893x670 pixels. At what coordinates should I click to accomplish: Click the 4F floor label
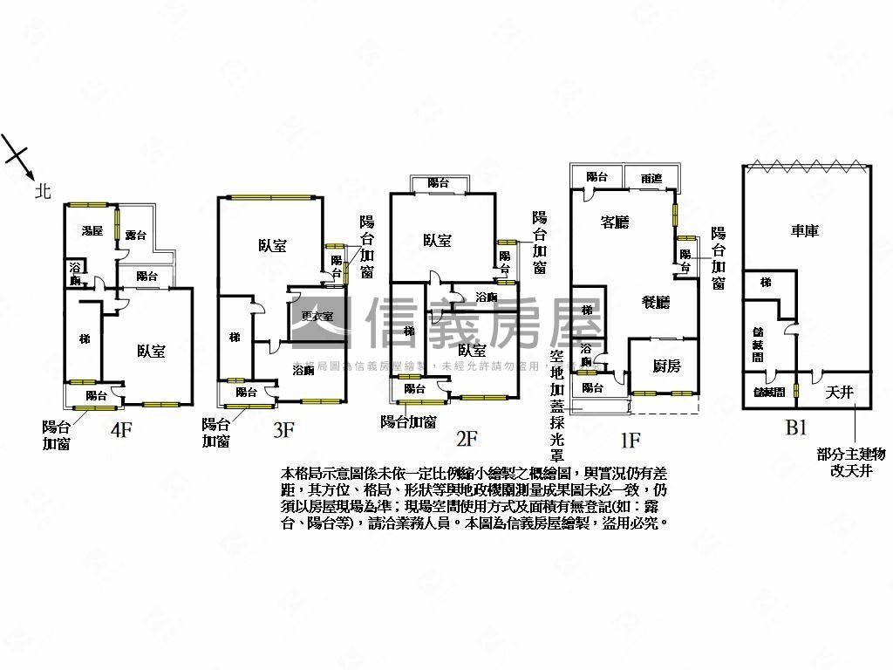pos(122,428)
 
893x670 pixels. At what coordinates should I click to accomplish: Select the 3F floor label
pos(283,428)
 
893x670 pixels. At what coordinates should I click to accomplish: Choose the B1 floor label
pos(795,427)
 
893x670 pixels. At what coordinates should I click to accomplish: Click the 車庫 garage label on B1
pos(804,231)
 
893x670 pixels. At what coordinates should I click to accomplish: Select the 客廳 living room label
pos(615,222)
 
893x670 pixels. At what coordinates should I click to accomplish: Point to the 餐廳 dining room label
pos(656,303)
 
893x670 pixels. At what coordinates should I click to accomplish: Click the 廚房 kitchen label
pos(666,366)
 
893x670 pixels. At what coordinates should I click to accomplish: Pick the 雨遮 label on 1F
pos(651,178)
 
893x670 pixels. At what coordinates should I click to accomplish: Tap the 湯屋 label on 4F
pos(92,231)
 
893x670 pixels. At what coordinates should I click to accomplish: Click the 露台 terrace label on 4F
pos(135,235)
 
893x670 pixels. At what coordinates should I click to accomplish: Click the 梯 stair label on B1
pos(765,284)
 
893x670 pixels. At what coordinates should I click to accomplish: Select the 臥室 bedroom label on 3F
pos(272,246)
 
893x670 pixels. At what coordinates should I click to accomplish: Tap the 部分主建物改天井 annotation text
pos(852,461)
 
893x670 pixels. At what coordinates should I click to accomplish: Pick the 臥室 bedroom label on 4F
pos(151,352)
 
